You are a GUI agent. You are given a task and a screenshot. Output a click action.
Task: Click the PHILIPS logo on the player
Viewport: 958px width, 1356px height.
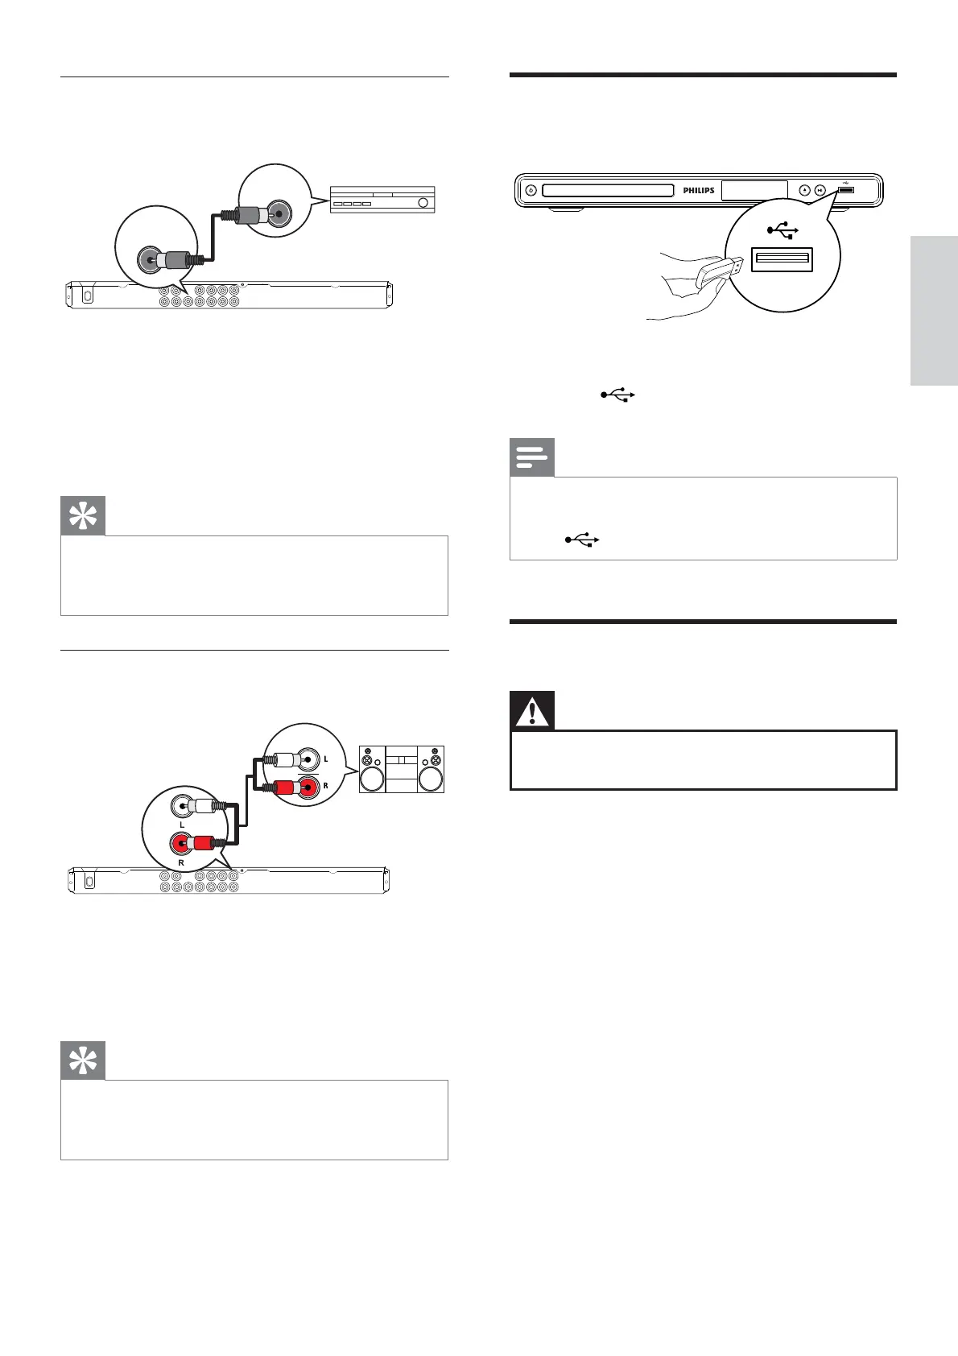tap(698, 191)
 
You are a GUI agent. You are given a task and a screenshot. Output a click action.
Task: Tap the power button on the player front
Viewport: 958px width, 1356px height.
tap(530, 191)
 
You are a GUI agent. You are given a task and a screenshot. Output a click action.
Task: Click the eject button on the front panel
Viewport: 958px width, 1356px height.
tap(804, 191)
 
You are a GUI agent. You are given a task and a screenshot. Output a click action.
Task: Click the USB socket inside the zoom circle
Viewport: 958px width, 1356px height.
tap(782, 259)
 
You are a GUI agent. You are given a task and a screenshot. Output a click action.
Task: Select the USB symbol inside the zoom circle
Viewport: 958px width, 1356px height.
tap(783, 231)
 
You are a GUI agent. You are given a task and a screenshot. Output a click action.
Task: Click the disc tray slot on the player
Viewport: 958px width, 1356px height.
tap(608, 191)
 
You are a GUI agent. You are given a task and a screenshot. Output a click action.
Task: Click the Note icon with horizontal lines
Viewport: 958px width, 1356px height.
tap(532, 457)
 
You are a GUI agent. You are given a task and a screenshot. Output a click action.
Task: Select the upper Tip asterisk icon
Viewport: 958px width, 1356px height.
tap(83, 517)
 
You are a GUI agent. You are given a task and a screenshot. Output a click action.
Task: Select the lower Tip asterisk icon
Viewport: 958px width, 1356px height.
tap(83, 1061)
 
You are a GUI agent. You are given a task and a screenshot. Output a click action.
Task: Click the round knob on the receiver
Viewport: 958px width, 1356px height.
tap(421, 203)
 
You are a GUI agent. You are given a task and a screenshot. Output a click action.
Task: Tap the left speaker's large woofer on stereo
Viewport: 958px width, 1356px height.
tap(372, 779)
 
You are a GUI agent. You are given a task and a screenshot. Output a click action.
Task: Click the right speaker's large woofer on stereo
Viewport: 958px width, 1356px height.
tap(432, 779)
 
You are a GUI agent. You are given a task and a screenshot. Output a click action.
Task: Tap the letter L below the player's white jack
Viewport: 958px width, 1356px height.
tap(182, 825)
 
